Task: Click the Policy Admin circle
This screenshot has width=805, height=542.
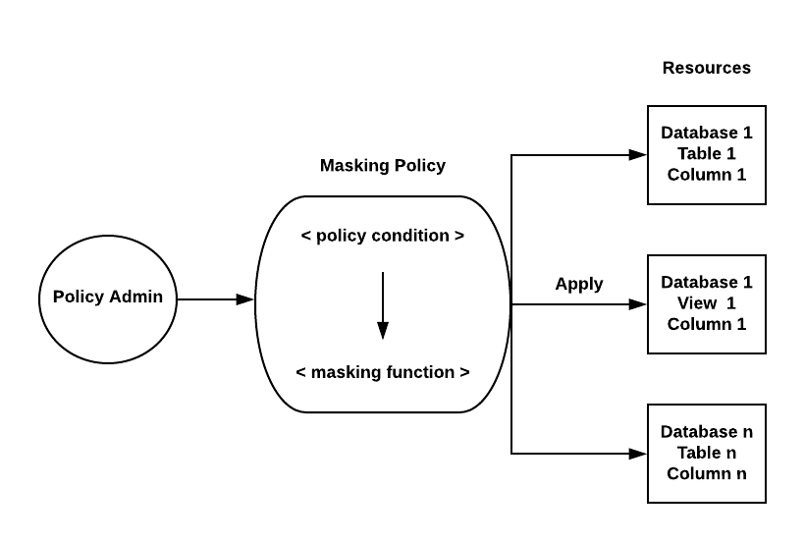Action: coord(108,298)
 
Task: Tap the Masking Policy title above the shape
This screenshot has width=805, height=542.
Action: coord(383,165)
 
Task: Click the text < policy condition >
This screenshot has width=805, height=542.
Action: coord(383,236)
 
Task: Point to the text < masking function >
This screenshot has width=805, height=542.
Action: coord(383,372)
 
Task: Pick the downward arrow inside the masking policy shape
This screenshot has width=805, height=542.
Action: coord(383,305)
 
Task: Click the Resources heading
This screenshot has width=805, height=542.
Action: coord(707,68)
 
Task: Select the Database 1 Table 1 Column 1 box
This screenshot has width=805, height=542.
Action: coord(707,154)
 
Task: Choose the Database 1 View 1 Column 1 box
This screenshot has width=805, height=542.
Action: coord(707,303)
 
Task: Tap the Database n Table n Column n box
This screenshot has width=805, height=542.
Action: coord(707,453)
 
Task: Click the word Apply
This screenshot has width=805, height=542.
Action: coord(579,284)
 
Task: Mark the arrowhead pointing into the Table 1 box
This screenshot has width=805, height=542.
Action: coord(638,154)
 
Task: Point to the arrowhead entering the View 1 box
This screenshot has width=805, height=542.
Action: coord(638,304)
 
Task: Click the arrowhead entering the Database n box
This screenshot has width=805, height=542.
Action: coord(638,454)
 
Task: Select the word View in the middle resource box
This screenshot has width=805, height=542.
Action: coord(695,303)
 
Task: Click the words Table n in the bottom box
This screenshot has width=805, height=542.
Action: coord(707,453)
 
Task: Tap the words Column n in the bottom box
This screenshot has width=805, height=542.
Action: coord(707,473)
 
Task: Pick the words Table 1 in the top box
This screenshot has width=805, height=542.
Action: coord(707,154)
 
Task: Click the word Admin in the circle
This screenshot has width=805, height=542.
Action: coord(135,297)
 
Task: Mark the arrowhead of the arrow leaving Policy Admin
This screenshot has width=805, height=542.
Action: coord(245,299)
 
